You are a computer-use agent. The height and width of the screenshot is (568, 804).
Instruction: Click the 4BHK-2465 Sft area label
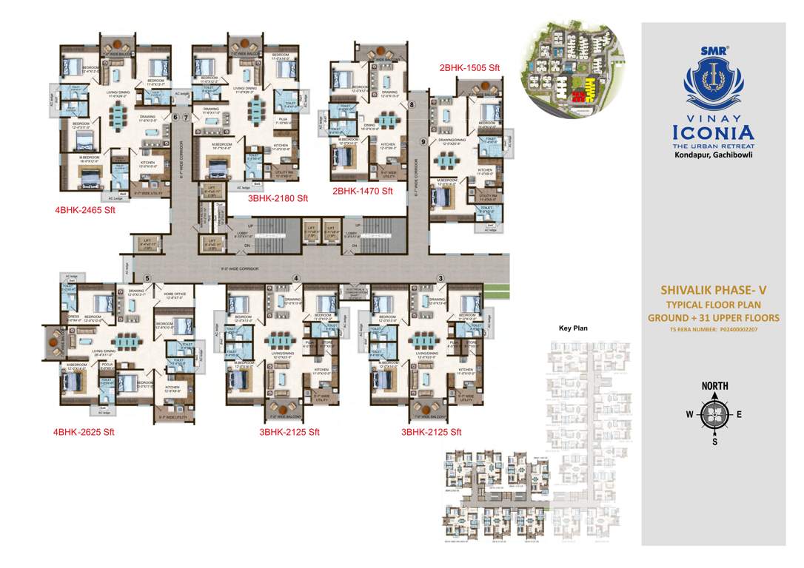(x=84, y=210)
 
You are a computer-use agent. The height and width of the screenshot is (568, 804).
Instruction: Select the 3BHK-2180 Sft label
(x=278, y=198)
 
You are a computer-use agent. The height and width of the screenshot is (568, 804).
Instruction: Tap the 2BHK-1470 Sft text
(x=364, y=191)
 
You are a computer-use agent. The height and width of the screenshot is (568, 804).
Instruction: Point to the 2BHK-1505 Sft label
(x=470, y=67)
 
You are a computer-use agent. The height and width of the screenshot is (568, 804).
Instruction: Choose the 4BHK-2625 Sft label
(x=84, y=431)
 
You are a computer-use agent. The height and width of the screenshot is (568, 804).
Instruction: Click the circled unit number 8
(x=412, y=105)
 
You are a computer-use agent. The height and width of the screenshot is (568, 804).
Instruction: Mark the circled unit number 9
(x=423, y=141)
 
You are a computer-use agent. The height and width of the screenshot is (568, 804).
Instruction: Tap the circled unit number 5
(x=148, y=278)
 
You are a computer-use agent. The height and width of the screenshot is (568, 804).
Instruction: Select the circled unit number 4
(x=296, y=278)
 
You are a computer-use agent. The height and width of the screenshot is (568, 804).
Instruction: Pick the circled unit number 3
(x=441, y=278)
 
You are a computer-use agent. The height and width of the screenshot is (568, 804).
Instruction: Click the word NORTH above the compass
(x=714, y=386)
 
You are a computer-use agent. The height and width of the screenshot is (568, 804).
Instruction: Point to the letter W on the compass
(x=689, y=414)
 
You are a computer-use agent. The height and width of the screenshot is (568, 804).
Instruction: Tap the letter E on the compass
(x=739, y=414)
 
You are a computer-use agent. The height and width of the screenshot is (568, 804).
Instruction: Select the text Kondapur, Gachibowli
(x=713, y=156)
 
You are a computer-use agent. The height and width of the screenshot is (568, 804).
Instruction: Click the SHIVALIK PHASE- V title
(x=713, y=291)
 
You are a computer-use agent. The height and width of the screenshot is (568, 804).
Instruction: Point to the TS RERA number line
(x=713, y=330)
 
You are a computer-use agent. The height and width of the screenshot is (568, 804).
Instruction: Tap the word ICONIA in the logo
(x=713, y=133)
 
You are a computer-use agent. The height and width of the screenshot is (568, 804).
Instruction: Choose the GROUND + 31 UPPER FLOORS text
(x=713, y=317)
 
